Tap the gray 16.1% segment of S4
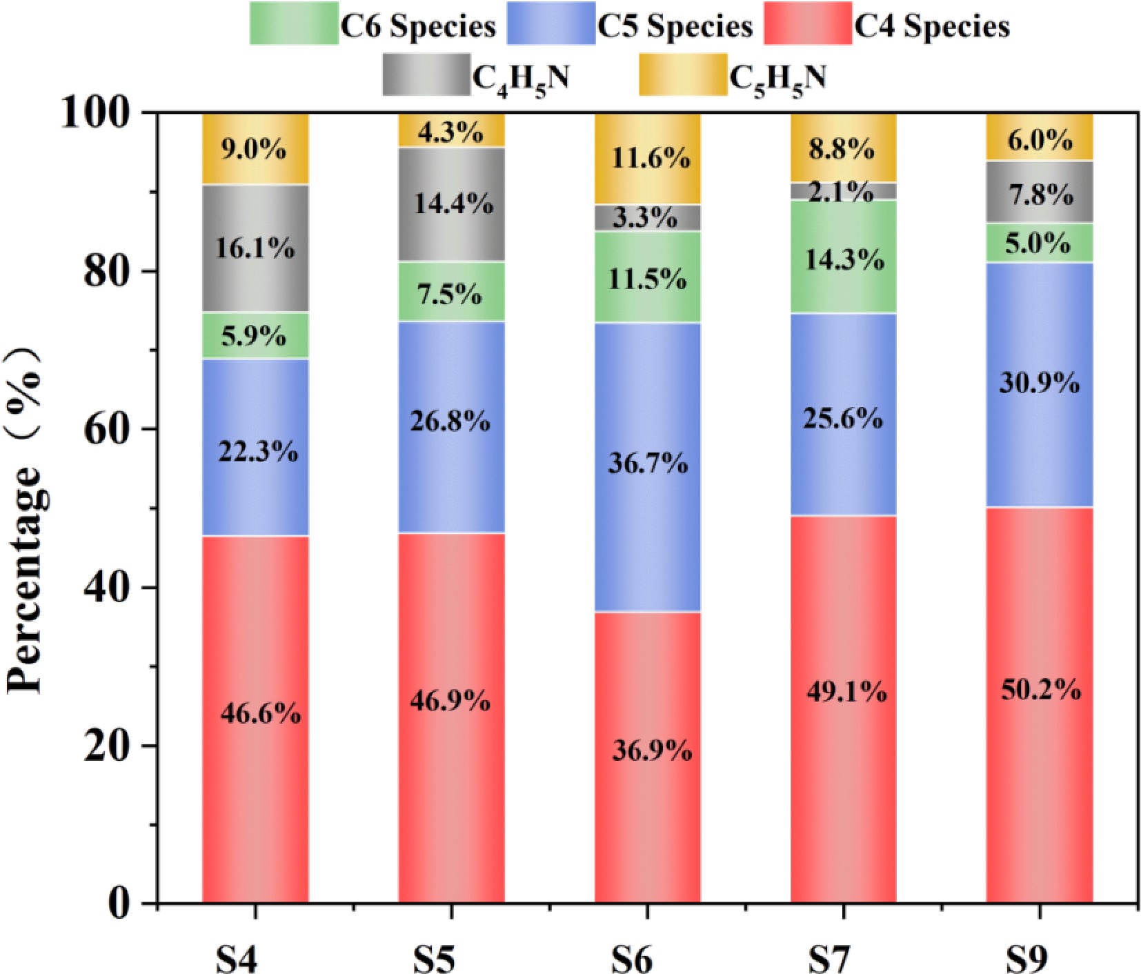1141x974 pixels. pyautogui.click(x=255, y=248)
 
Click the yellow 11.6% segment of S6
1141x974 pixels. pyautogui.click(x=647, y=159)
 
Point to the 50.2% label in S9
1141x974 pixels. pyautogui.click(x=1040, y=690)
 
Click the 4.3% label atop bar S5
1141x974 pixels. pyautogui.click(x=450, y=132)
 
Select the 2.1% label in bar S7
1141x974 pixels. pyautogui.click(x=842, y=192)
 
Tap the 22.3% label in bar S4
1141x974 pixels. pyautogui.click(x=258, y=452)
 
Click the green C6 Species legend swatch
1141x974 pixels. pyautogui.click(x=294, y=23)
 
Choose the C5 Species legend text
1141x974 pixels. pyautogui.click(x=674, y=26)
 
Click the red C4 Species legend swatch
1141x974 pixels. pyautogui.click(x=808, y=23)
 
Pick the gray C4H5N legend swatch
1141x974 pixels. pyautogui.click(x=426, y=74)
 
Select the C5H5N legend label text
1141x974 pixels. pyautogui.click(x=777, y=79)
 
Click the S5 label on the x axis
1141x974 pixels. pyautogui.click(x=435, y=957)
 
